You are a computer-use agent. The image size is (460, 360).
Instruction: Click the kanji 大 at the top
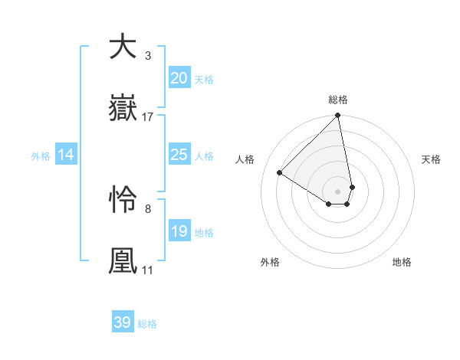click(123, 47)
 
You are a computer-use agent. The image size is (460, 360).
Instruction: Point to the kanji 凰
click(123, 260)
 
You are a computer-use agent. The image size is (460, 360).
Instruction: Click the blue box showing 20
click(179, 78)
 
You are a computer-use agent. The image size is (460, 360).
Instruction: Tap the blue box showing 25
click(179, 155)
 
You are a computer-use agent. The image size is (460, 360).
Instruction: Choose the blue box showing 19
click(179, 231)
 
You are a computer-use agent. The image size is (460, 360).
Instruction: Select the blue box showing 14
click(66, 155)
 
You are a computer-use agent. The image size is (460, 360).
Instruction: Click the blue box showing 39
click(123, 322)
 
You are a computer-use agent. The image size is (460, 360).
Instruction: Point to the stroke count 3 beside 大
click(147, 55)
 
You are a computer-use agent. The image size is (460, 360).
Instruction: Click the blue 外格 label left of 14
click(41, 155)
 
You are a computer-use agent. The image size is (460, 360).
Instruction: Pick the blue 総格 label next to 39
click(147, 324)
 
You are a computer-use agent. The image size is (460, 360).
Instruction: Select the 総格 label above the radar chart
click(338, 100)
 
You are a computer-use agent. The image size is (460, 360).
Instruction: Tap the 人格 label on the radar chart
click(246, 159)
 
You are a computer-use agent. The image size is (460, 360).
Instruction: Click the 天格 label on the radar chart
click(431, 159)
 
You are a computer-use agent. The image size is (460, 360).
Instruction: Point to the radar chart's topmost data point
click(338, 116)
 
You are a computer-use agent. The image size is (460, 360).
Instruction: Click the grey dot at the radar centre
click(338, 190)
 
